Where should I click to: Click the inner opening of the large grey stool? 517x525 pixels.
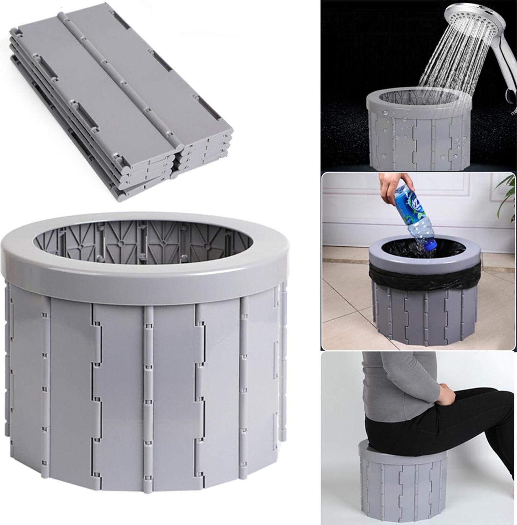[143, 241]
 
